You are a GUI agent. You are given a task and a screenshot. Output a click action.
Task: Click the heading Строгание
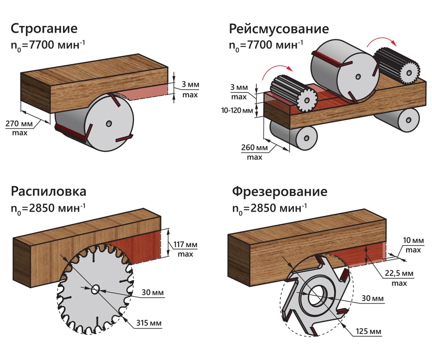click(x=44, y=29)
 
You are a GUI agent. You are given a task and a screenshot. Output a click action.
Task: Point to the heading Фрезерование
click(x=280, y=191)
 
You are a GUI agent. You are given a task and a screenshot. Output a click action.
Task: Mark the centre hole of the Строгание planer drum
click(x=109, y=123)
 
